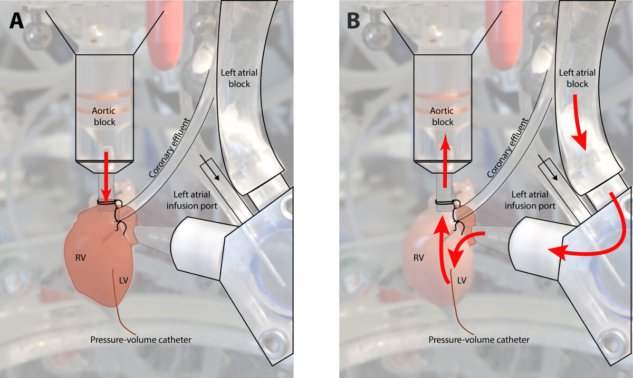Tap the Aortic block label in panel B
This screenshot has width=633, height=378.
pos(443,116)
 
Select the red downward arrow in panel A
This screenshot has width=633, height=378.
pos(106,176)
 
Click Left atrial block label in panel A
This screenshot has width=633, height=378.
pos(236,78)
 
